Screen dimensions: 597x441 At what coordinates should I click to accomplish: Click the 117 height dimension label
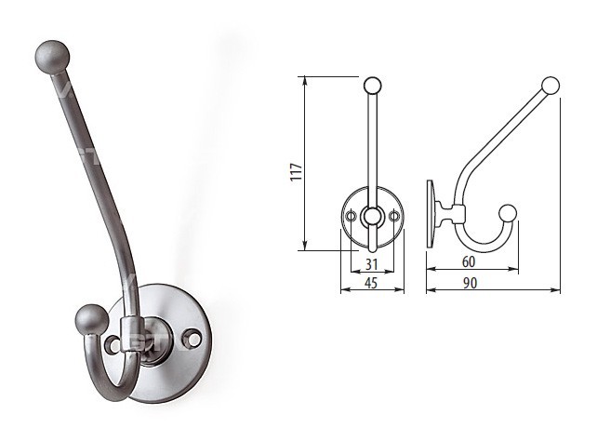(x=297, y=172)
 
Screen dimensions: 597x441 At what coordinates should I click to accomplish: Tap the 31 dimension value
(x=372, y=264)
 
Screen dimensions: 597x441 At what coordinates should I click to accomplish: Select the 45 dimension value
(x=371, y=283)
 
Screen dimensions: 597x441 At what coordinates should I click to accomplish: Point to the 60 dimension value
(x=469, y=261)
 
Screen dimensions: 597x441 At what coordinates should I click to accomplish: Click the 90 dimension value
(x=471, y=283)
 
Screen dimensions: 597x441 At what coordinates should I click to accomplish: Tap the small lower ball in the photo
(x=89, y=319)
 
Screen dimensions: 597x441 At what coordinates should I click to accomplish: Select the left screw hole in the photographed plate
(x=113, y=344)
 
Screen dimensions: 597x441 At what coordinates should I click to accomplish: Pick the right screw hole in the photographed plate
(x=193, y=337)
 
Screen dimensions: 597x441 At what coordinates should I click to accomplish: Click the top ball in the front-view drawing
(x=372, y=86)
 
